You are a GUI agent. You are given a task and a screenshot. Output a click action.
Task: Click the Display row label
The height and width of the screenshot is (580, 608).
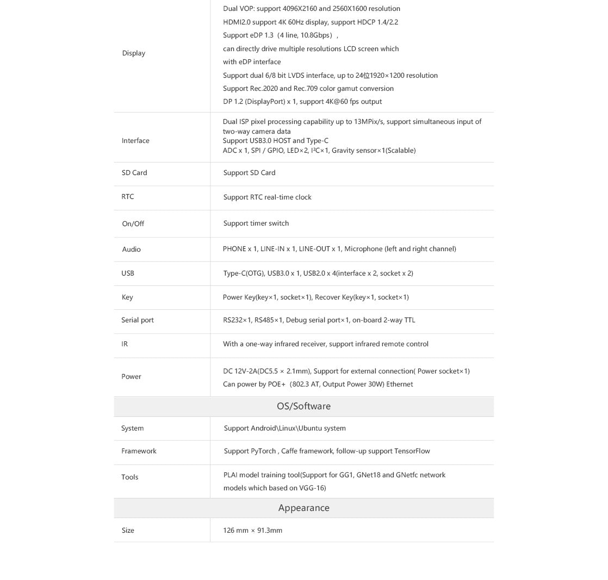(133, 53)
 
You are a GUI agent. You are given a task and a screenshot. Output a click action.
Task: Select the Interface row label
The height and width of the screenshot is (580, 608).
(135, 141)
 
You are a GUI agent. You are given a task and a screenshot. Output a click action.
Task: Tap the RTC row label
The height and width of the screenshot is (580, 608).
(128, 197)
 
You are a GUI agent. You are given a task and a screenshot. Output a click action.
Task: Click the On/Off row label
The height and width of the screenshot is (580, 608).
(133, 224)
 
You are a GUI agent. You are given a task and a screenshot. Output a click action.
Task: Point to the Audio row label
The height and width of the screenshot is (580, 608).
(131, 250)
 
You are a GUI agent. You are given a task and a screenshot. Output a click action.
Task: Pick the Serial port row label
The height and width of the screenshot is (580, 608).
(137, 320)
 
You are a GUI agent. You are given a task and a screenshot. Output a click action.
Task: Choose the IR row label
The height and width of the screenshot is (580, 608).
(125, 344)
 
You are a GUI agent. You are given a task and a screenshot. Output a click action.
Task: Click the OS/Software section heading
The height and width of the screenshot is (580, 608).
(303, 406)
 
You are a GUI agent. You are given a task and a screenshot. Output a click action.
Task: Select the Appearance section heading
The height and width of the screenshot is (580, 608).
(303, 508)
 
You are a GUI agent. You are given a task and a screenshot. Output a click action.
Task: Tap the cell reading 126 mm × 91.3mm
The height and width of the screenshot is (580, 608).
(252, 531)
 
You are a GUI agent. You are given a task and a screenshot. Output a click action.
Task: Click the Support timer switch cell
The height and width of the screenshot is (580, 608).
(256, 223)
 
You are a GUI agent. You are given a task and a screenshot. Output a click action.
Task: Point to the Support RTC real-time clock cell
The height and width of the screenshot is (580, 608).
(267, 197)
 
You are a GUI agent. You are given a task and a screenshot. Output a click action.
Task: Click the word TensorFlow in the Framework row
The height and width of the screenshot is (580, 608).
(412, 451)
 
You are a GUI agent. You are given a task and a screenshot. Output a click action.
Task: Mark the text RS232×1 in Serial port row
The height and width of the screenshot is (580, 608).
(237, 320)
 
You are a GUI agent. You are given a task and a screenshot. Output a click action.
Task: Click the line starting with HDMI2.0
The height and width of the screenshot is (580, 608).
(310, 22)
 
